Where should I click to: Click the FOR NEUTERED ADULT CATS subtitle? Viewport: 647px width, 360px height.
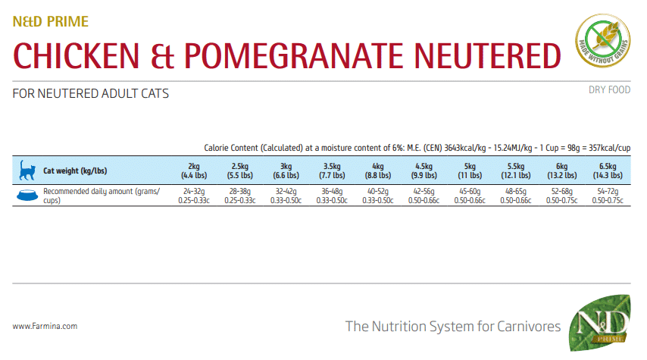coord(91,94)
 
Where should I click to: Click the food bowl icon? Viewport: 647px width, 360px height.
coord(26,196)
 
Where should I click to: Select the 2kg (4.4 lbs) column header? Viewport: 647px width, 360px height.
coord(194,170)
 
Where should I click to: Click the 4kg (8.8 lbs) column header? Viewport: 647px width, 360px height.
coord(377,170)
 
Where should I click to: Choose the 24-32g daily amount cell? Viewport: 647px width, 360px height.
coord(194,196)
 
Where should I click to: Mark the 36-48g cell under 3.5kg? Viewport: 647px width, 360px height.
coord(331,196)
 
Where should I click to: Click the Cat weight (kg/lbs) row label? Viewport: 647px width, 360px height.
coord(75,171)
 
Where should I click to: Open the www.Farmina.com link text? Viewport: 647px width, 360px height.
coord(45,327)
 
